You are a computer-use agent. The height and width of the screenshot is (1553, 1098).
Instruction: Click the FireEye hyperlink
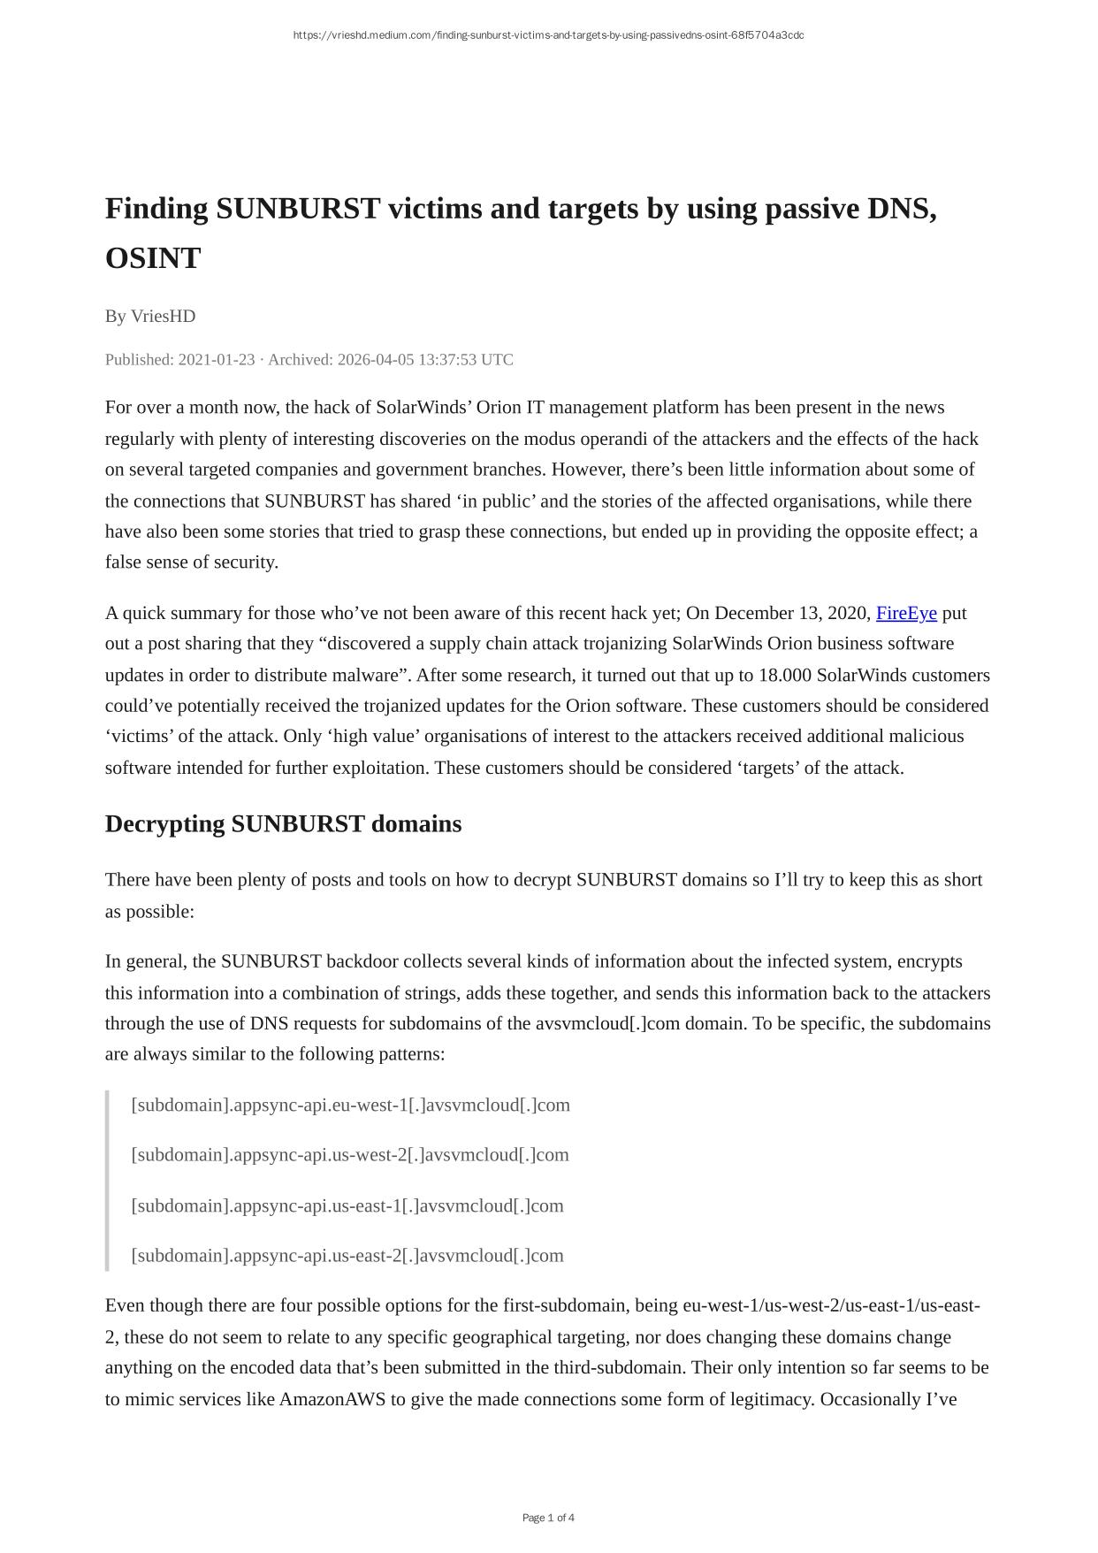pos(905,613)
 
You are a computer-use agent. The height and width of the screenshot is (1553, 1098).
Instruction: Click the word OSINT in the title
pos(153,258)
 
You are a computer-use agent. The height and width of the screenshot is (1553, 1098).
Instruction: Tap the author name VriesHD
pos(163,316)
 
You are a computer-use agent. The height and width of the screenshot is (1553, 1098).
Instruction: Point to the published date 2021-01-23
pos(216,359)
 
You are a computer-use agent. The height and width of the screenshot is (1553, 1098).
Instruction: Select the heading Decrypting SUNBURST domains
pos(283,823)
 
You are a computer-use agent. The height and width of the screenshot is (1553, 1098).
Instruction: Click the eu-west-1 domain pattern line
pos(350,1105)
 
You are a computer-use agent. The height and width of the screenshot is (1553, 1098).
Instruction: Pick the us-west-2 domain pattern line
pos(350,1154)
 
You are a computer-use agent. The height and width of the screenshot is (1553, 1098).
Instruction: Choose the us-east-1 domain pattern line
pos(347,1205)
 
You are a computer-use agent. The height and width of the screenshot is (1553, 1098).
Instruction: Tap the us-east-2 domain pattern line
pos(347,1255)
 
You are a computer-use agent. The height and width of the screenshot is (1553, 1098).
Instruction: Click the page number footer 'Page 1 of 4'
pos(548,1518)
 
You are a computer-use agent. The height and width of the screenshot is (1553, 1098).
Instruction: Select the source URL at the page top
pos(548,35)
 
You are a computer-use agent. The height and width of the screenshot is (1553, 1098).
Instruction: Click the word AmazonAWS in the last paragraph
pos(332,1398)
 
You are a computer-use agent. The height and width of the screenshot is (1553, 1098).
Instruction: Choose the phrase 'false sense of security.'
pos(192,562)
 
